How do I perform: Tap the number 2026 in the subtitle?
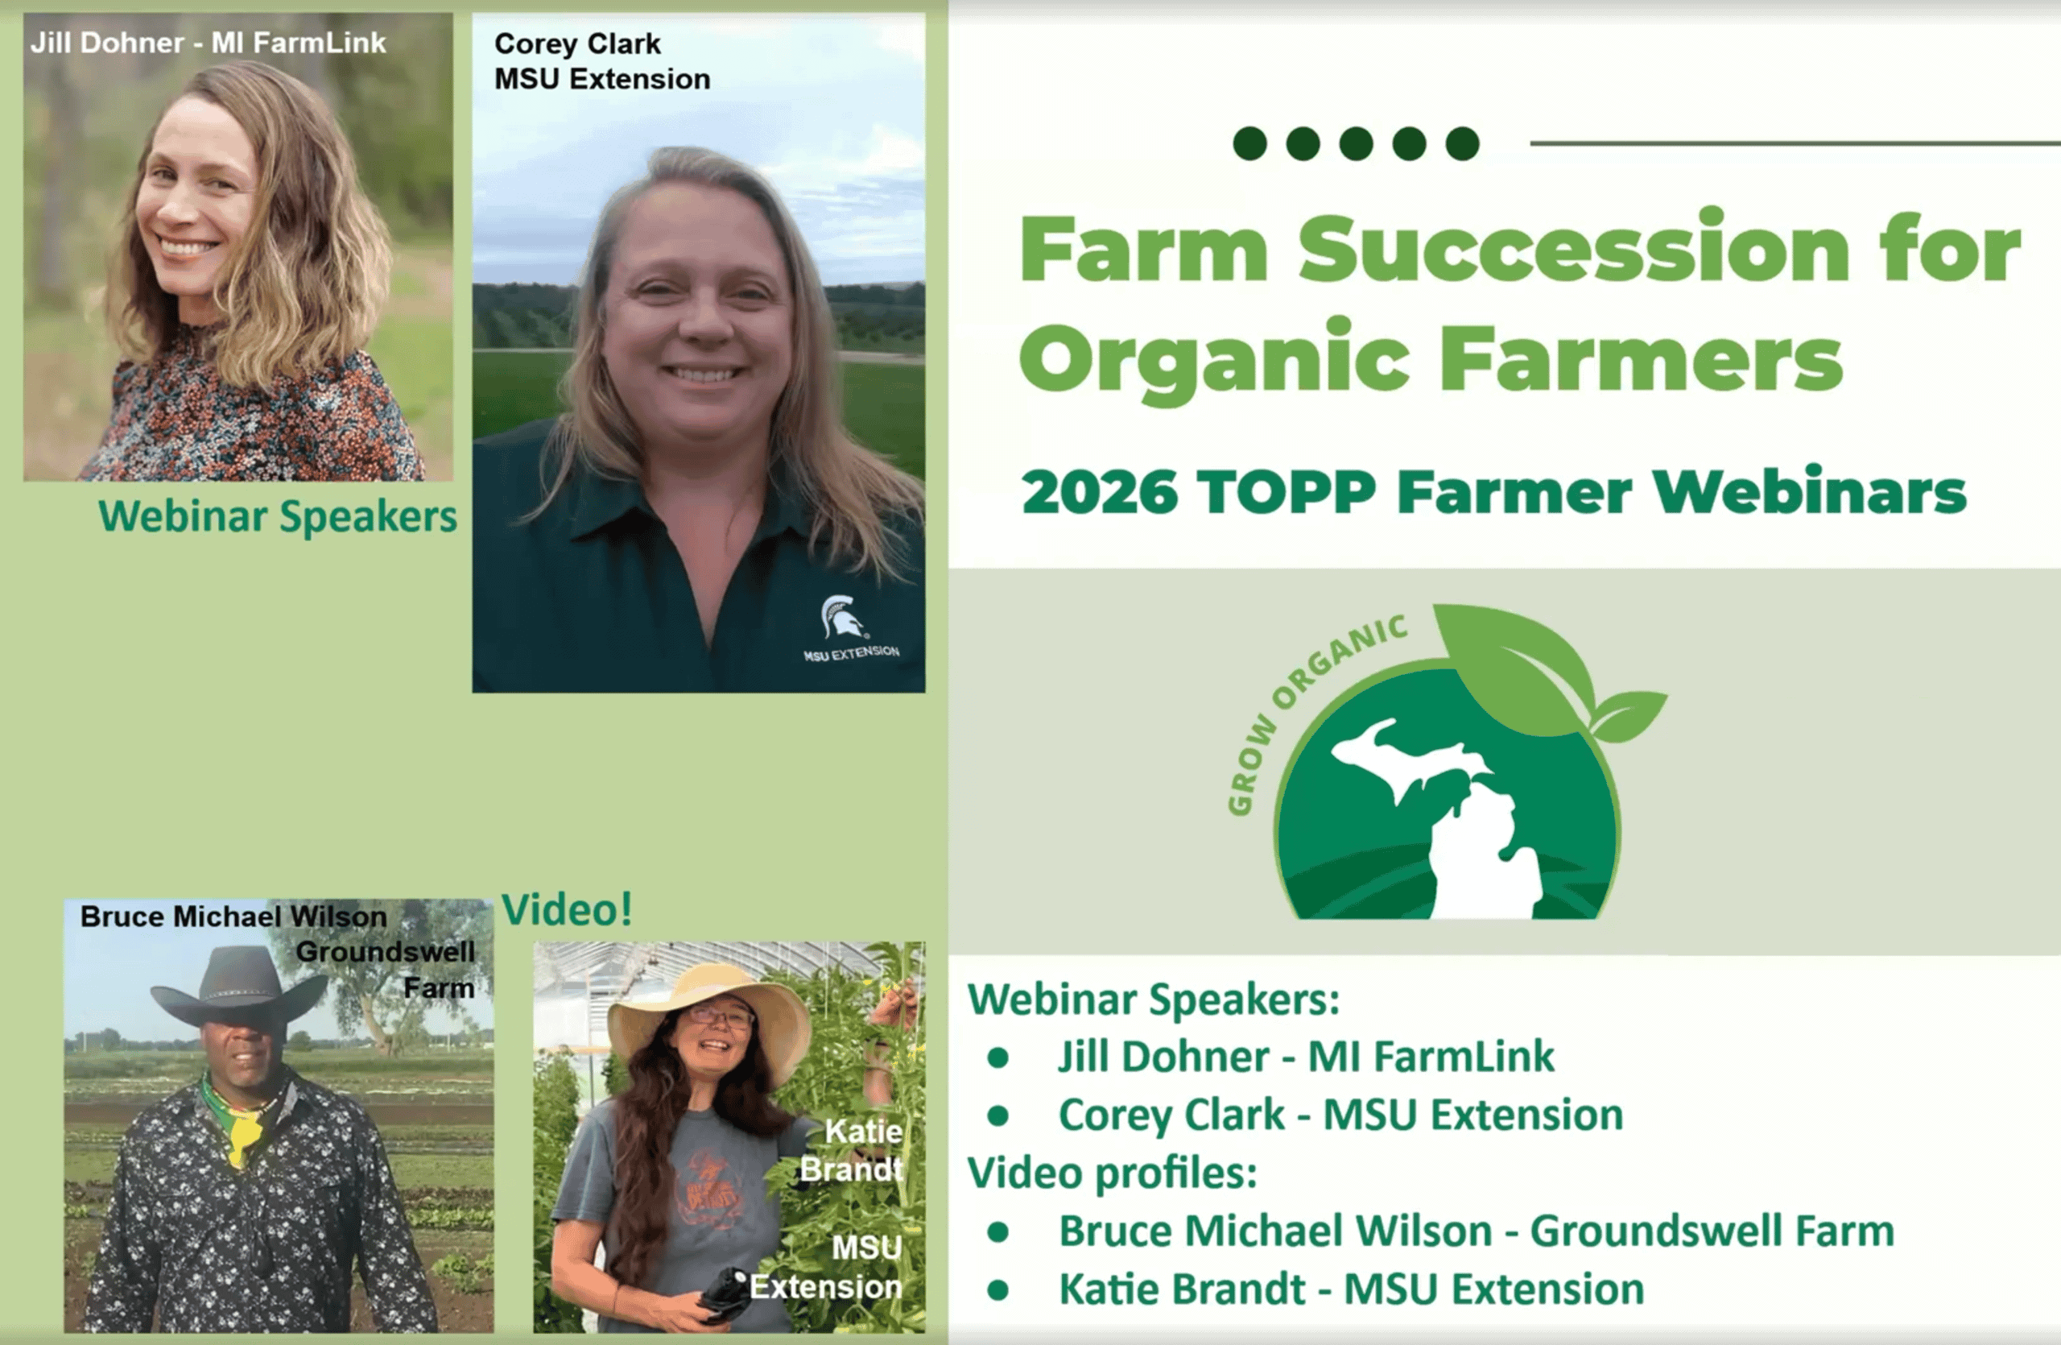click(x=1100, y=493)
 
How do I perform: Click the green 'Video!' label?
click(x=568, y=909)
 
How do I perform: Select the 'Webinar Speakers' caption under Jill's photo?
click(x=277, y=516)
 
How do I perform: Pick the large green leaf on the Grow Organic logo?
click(x=1515, y=658)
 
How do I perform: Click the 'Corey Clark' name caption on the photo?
click(x=576, y=43)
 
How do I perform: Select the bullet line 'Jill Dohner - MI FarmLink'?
click(x=1306, y=1057)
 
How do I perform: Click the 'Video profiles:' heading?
click(x=1112, y=1173)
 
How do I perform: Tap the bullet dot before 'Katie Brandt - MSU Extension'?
click(x=997, y=1289)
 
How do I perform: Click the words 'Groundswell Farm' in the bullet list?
click(x=1712, y=1231)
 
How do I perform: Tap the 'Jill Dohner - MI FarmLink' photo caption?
click(x=208, y=43)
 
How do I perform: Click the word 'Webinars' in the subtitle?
click(x=1809, y=493)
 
